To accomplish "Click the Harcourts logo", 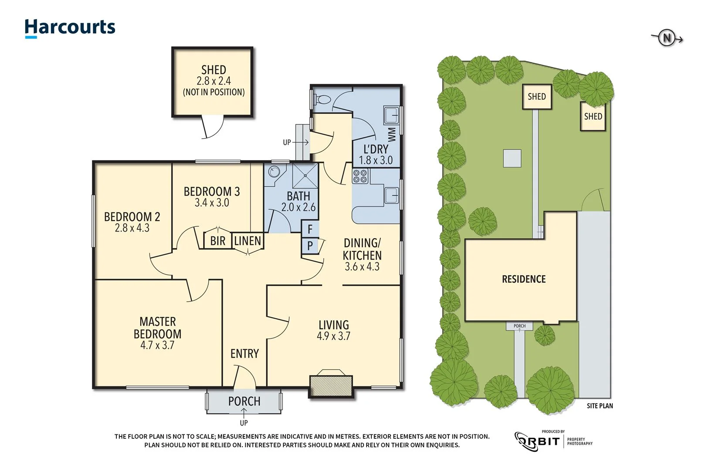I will (70, 28).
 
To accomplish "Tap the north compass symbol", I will (667, 38).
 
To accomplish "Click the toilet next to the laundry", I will (322, 99).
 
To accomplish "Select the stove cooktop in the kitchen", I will (360, 176).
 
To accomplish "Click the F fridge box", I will (310, 229).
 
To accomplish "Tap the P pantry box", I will (310, 246).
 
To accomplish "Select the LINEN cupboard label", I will (248, 241).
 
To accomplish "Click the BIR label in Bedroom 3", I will (217, 241).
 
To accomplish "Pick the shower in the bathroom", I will (305, 176).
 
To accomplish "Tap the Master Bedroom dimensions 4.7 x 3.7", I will (157, 345).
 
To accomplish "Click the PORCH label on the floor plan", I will (244, 401).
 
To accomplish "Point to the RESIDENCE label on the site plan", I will (523, 279).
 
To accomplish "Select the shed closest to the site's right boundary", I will (593, 116).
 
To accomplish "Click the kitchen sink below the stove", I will (391, 195).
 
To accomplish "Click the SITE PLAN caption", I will (600, 406).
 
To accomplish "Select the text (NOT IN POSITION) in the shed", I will (214, 92).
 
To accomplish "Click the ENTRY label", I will (244, 354).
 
